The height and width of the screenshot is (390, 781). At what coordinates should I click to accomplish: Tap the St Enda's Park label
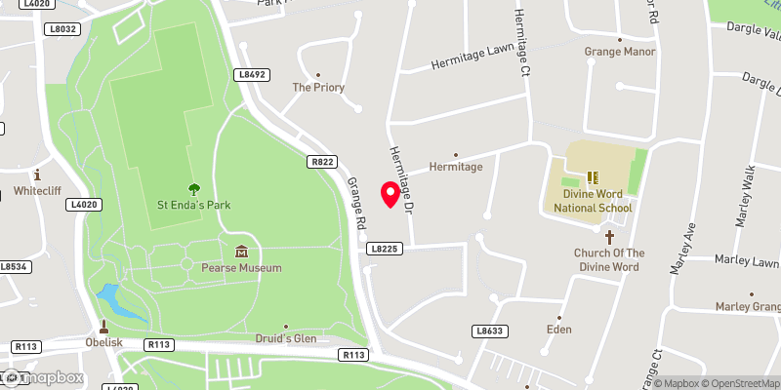[193, 206]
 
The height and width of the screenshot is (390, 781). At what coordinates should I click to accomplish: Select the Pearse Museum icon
[241, 253]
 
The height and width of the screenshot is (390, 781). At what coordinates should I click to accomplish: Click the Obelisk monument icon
[103, 327]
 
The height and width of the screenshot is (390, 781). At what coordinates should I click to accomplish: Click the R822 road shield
[323, 161]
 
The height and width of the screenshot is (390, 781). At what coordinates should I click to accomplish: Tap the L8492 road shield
[251, 74]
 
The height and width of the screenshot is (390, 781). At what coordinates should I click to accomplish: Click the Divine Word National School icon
[592, 177]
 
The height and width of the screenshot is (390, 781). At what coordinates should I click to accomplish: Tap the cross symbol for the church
[609, 237]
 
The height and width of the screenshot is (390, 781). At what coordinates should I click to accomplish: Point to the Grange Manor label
[620, 52]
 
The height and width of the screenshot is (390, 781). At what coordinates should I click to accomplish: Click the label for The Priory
[318, 87]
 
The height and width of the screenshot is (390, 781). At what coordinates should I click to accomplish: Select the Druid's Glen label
[286, 338]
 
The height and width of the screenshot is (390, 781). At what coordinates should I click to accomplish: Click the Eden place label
[558, 331]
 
